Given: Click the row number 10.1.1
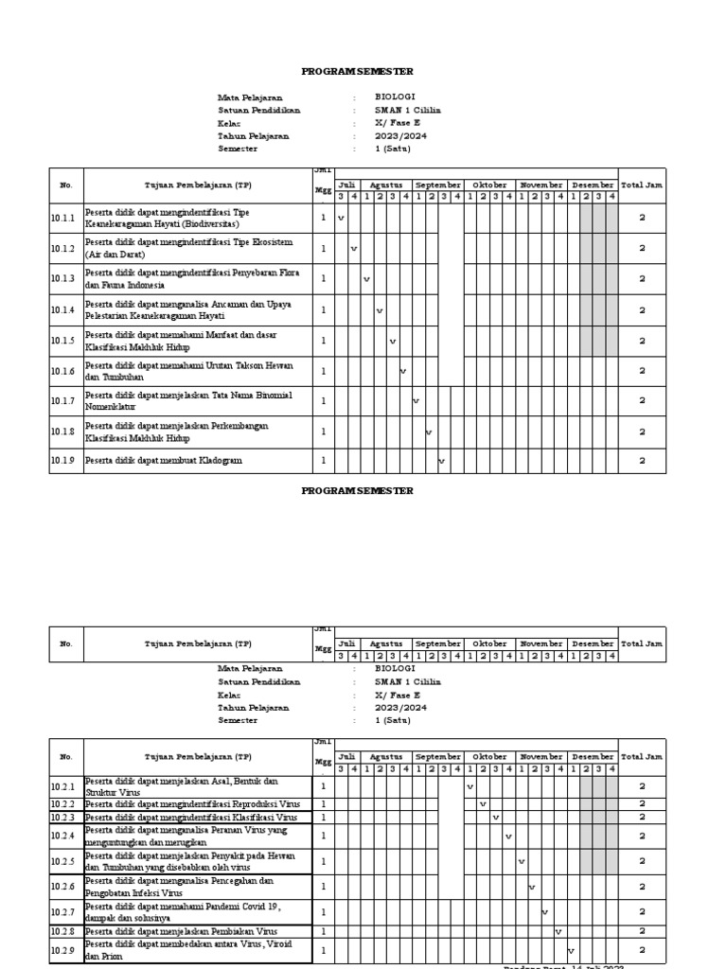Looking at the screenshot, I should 62,219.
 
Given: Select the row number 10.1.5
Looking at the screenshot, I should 62,341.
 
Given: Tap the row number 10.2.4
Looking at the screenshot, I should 62,837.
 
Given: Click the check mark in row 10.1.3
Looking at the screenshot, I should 366,280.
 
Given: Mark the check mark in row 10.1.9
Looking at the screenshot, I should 441,462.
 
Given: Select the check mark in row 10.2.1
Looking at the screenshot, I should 470,786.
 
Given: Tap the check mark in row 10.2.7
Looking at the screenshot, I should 545,912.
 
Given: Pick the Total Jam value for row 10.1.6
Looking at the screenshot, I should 642,371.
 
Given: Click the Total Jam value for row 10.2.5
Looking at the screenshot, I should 642,862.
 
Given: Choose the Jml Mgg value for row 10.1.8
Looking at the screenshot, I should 323,432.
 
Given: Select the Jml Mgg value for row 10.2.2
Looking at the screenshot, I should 323,804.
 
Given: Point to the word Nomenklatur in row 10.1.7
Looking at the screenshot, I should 112,407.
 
